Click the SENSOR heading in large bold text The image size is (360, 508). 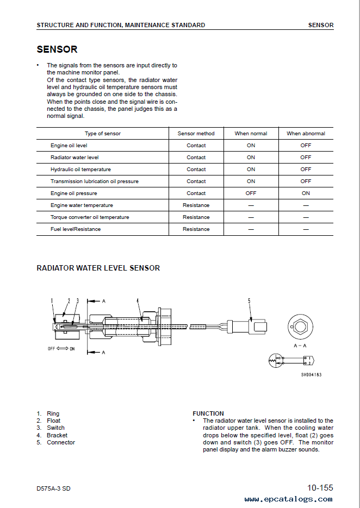pos(57,49)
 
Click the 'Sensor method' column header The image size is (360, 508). pos(196,134)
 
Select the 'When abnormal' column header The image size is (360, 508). pos(306,134)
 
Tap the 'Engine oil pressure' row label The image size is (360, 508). pos(74,193)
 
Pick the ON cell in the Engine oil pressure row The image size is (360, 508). pos(306,193)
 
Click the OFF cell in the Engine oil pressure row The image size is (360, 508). pos(251,193)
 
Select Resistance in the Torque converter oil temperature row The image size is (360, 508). pos(196,217)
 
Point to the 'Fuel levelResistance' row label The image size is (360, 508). pos(76,229)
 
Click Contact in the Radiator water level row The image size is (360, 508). pos(196,158)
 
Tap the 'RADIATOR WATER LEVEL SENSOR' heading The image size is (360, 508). pos(98,268)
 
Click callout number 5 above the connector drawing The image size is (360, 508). pos(249,300)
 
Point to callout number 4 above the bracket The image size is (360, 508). pos(138,300)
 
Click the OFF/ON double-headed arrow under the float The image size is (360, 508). pos(61,348)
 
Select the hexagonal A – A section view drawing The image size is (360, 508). pos(299,328)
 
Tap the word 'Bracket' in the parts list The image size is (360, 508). pos(57,435)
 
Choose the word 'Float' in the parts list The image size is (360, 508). pos(53,421)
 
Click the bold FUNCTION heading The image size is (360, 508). pos(208,413)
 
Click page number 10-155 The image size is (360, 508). pos(320,487)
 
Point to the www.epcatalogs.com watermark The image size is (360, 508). pos(288,499)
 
